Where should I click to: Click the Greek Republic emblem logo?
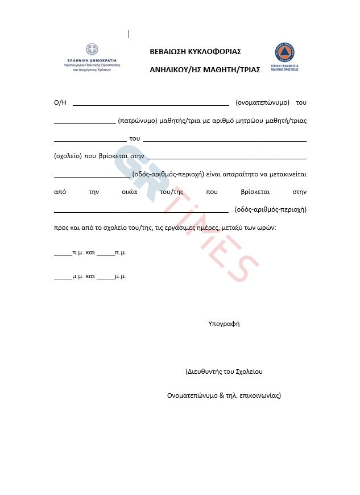point(92,49)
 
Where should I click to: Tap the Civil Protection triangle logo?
point(285,52)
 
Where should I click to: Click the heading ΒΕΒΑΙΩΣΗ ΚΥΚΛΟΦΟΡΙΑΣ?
point(195,51)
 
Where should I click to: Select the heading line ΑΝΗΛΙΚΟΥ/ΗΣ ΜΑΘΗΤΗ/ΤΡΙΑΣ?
point(205,69)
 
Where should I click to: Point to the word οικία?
point(130,192)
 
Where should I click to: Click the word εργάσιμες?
point(193,227)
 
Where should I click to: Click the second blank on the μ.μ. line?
point(105,278)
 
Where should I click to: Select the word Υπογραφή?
point(224,324)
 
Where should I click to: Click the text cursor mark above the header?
point(129,34)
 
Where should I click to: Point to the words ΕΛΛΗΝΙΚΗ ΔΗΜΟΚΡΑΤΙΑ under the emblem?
point(92,60)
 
